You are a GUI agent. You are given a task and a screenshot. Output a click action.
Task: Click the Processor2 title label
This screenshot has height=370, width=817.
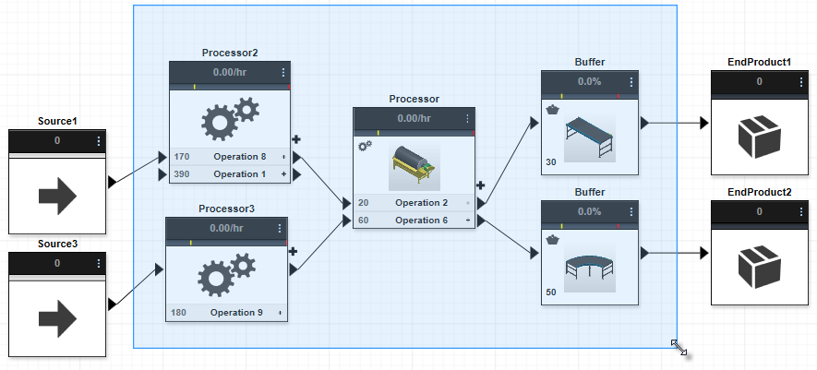tap(229, 53)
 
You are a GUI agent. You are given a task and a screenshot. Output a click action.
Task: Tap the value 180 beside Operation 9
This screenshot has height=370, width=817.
tap(178, 312)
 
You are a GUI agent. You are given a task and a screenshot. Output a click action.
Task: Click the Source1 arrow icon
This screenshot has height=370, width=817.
tap(56, 196)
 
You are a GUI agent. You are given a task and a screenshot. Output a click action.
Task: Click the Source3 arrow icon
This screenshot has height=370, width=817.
tap(56, 316)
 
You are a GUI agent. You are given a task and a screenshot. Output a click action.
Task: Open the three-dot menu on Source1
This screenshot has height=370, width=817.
tap(99, 140)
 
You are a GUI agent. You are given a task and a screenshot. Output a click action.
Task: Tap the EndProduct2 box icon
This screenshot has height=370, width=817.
tap(759, 268)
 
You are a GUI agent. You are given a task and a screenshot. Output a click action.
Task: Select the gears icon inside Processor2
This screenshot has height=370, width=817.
tap(229, 117)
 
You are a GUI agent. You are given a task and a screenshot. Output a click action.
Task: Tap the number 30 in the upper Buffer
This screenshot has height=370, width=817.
tap(551, 163)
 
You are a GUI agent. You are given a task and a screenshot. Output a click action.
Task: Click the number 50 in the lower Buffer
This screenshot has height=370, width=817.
tap(551, 292)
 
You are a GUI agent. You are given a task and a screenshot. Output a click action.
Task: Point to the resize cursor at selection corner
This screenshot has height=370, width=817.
tap(679, 347)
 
